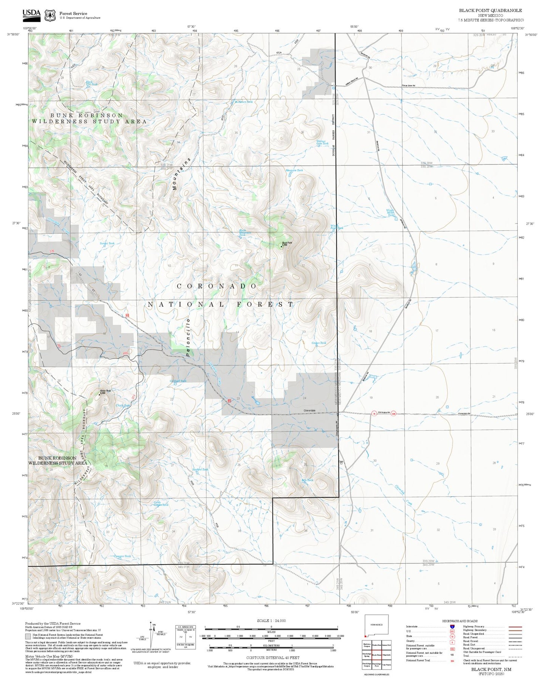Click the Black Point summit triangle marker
pyautogui.click(x=281, y=246)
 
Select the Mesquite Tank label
pyautogui.click(x=294, y=170)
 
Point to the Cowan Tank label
pyautogui.click(x=319, y=343)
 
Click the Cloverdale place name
pyautogui.click(x=309, y=410)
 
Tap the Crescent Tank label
pyautogui.click(x=122, y=556)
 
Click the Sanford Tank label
pyautogui.click(x=200, y=469)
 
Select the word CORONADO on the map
pyautogui.click(x=217, y=286)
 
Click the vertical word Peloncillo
pyautogui.click(x=188, y=337)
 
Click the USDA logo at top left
pyautogui.click(x=31, y=14)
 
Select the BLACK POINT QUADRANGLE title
pyautogui.click(x=490, y=11)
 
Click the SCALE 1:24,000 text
pyautogui.click(x=271, y=621)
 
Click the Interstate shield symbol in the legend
pyautogui.click(x=452, y=626)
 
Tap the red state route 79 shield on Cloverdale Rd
pyautogui.click(x=374, y=413)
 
